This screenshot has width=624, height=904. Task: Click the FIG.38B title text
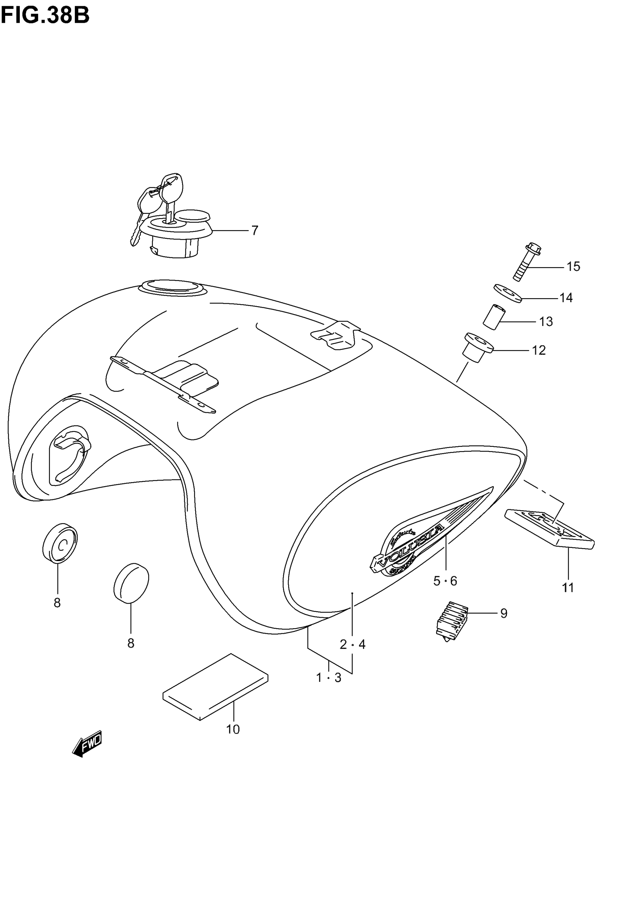(x=45, y=17)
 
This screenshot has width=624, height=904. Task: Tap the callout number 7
(x=254, y=231)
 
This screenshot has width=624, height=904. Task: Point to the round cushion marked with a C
(x=60, y=543)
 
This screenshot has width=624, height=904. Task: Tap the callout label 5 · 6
(x=445, y=581)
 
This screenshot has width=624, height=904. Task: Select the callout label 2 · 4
(x=352, y=644)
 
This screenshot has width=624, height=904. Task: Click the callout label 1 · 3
(x=329, y=677)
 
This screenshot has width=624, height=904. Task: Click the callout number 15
(x=573, y=267)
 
